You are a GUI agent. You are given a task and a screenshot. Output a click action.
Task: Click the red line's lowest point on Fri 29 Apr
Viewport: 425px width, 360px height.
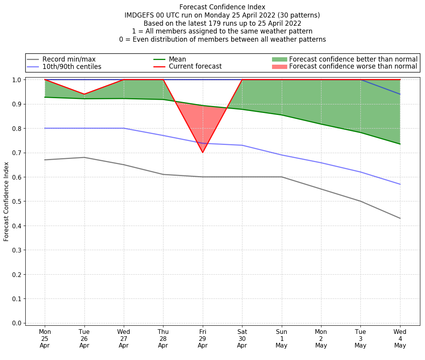click(202, 152)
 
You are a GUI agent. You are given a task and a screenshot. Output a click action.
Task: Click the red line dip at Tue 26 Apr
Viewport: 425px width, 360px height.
click(84, 94)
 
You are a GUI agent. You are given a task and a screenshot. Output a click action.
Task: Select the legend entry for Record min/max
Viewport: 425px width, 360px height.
click(69, 59)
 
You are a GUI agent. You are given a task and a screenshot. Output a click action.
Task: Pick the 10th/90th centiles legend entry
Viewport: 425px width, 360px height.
click(72, 67)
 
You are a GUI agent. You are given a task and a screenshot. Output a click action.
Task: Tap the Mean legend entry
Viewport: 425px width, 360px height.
click(177, 59)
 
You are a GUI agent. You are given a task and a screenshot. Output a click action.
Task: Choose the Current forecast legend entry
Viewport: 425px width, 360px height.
click(195, 67)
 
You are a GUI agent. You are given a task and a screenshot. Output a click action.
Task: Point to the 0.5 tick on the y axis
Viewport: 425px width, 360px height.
click(18, 201)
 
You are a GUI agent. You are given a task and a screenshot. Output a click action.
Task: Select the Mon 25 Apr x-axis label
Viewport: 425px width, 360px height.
click(45, 338)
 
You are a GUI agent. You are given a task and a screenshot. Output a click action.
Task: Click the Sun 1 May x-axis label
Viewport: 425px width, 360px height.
click(281, 338)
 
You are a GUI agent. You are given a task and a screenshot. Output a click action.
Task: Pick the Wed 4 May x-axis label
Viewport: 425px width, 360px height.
click(400, 338)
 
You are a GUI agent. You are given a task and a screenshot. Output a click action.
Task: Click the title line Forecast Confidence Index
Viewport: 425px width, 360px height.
click(222, 7)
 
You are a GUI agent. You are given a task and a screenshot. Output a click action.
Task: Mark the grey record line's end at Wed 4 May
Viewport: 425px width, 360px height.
click(400, 218)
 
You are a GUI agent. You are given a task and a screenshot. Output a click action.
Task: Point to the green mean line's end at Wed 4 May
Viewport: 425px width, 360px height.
click(400, 144)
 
